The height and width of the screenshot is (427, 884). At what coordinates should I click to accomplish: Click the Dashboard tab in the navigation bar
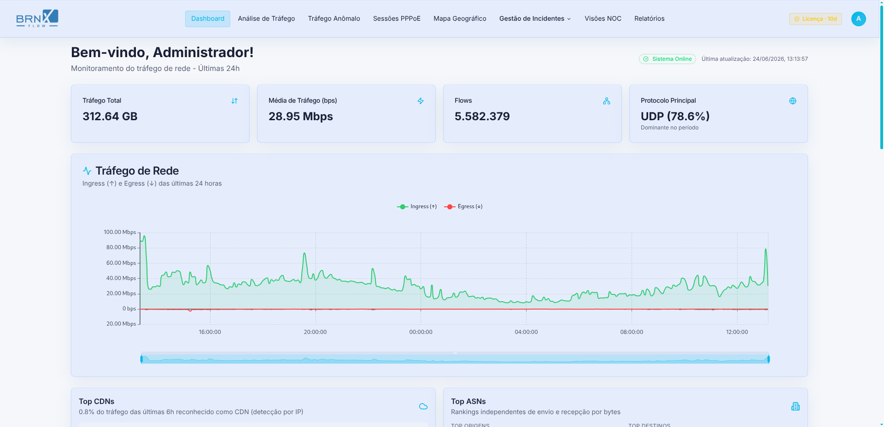(208, 19)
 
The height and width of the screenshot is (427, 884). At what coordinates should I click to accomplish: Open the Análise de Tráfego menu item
(266, 19)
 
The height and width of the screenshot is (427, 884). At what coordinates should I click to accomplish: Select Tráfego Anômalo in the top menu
(334, 19)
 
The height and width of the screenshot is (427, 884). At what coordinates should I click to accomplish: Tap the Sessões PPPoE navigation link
(397, 19)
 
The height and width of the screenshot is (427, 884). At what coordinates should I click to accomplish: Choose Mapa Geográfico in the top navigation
(460, 19)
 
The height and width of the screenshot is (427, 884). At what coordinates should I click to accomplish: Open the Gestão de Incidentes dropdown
(535, 19)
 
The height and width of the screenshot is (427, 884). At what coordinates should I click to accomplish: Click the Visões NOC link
(603, 19)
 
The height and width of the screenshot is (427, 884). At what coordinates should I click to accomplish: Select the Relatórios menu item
(649, 19)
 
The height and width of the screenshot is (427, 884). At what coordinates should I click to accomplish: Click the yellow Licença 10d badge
(815, 19)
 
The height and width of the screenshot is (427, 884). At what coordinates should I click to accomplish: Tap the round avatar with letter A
(859, 19)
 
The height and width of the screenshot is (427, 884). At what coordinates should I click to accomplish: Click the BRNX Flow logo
(37, 18)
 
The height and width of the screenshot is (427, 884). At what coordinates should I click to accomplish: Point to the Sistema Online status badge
(667, 59)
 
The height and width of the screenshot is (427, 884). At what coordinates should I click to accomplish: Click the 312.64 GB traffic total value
(110, 117)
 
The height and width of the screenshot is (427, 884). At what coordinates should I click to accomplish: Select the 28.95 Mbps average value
(301, 117)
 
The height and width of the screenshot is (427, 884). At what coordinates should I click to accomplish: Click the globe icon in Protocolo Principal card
(793, 101)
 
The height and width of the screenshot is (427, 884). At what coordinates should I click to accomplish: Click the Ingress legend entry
(417, 207)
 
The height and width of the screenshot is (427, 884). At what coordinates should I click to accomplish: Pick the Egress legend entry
(463, 207)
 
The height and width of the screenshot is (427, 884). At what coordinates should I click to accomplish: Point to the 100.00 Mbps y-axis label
(120, 232)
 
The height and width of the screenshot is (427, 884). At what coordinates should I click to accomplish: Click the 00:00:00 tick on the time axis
(421, 332)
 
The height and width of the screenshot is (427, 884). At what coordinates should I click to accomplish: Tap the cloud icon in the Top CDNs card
(423, 406)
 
